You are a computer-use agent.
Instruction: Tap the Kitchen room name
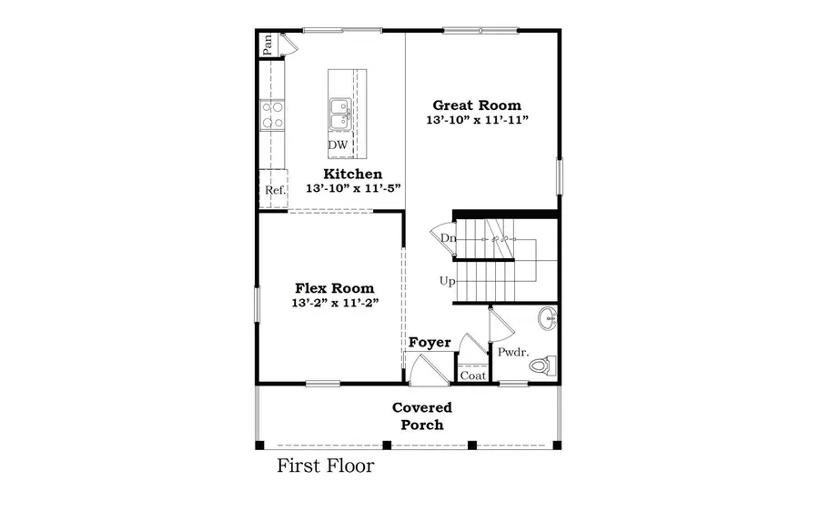point(353,174)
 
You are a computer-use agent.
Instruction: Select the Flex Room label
point(333,287)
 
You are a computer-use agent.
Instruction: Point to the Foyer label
point(430,343)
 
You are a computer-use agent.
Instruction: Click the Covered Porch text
point(422,416)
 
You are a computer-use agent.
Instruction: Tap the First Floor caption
point(325,467)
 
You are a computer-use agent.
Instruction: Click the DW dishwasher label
point(338,145)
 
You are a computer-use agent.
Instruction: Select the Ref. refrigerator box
point(275,190)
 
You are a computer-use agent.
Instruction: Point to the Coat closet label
point(472,375)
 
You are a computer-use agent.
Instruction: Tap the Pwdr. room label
point(510,352)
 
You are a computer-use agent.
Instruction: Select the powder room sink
point(548,318)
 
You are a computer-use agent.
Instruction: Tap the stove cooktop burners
point(271,115)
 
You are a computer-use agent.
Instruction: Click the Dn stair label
point(448,238)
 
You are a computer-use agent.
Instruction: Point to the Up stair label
point(447,281)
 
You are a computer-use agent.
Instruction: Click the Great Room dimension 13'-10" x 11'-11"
point(477,120)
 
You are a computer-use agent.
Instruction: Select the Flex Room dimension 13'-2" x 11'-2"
point(333,303)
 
